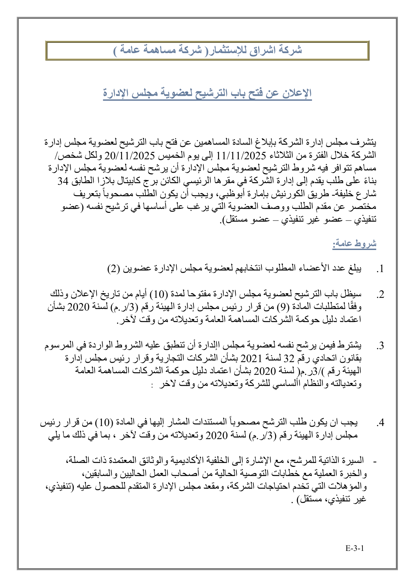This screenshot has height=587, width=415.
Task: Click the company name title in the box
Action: pyautogui.click(x=207, y=50)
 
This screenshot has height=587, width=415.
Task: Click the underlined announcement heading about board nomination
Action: pyautogui.click(x=207, y=93)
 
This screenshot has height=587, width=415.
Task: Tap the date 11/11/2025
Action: pyautogui.click(x=241, y=155)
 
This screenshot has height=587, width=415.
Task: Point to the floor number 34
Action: pyautogui.click(x=63, y=181)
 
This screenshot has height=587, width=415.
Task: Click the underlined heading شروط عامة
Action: pyautogui.click(x=354, y=244)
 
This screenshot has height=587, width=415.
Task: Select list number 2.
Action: pyautogui.click(x=380, y=295)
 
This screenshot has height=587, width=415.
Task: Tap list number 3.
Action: pyautogui.click(x=380, y=346)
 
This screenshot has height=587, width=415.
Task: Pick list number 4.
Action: pyautogui.click(x=380, y=423)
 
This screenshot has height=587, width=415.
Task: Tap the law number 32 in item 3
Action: pyautogui.click(x=288, y=358)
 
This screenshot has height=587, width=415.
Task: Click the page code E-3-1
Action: pyautogui.click(x=354, y=548)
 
